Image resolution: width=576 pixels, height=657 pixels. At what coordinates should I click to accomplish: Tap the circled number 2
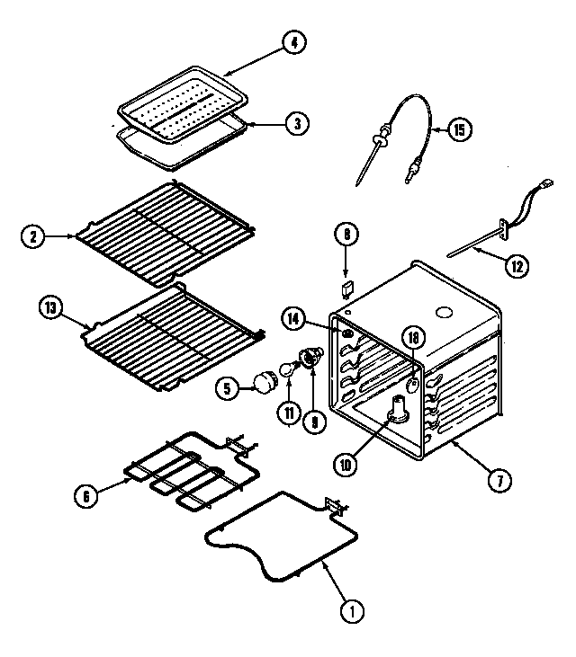(33, 237)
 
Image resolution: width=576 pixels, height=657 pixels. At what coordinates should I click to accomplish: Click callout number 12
(517, 265)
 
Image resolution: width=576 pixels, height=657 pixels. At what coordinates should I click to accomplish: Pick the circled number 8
(346, 235)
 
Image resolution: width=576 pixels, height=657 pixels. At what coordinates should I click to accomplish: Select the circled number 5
(229, 388)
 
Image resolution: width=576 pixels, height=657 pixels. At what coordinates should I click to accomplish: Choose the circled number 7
(494, 479)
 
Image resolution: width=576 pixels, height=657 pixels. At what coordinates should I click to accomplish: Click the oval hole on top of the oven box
(443, 313)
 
